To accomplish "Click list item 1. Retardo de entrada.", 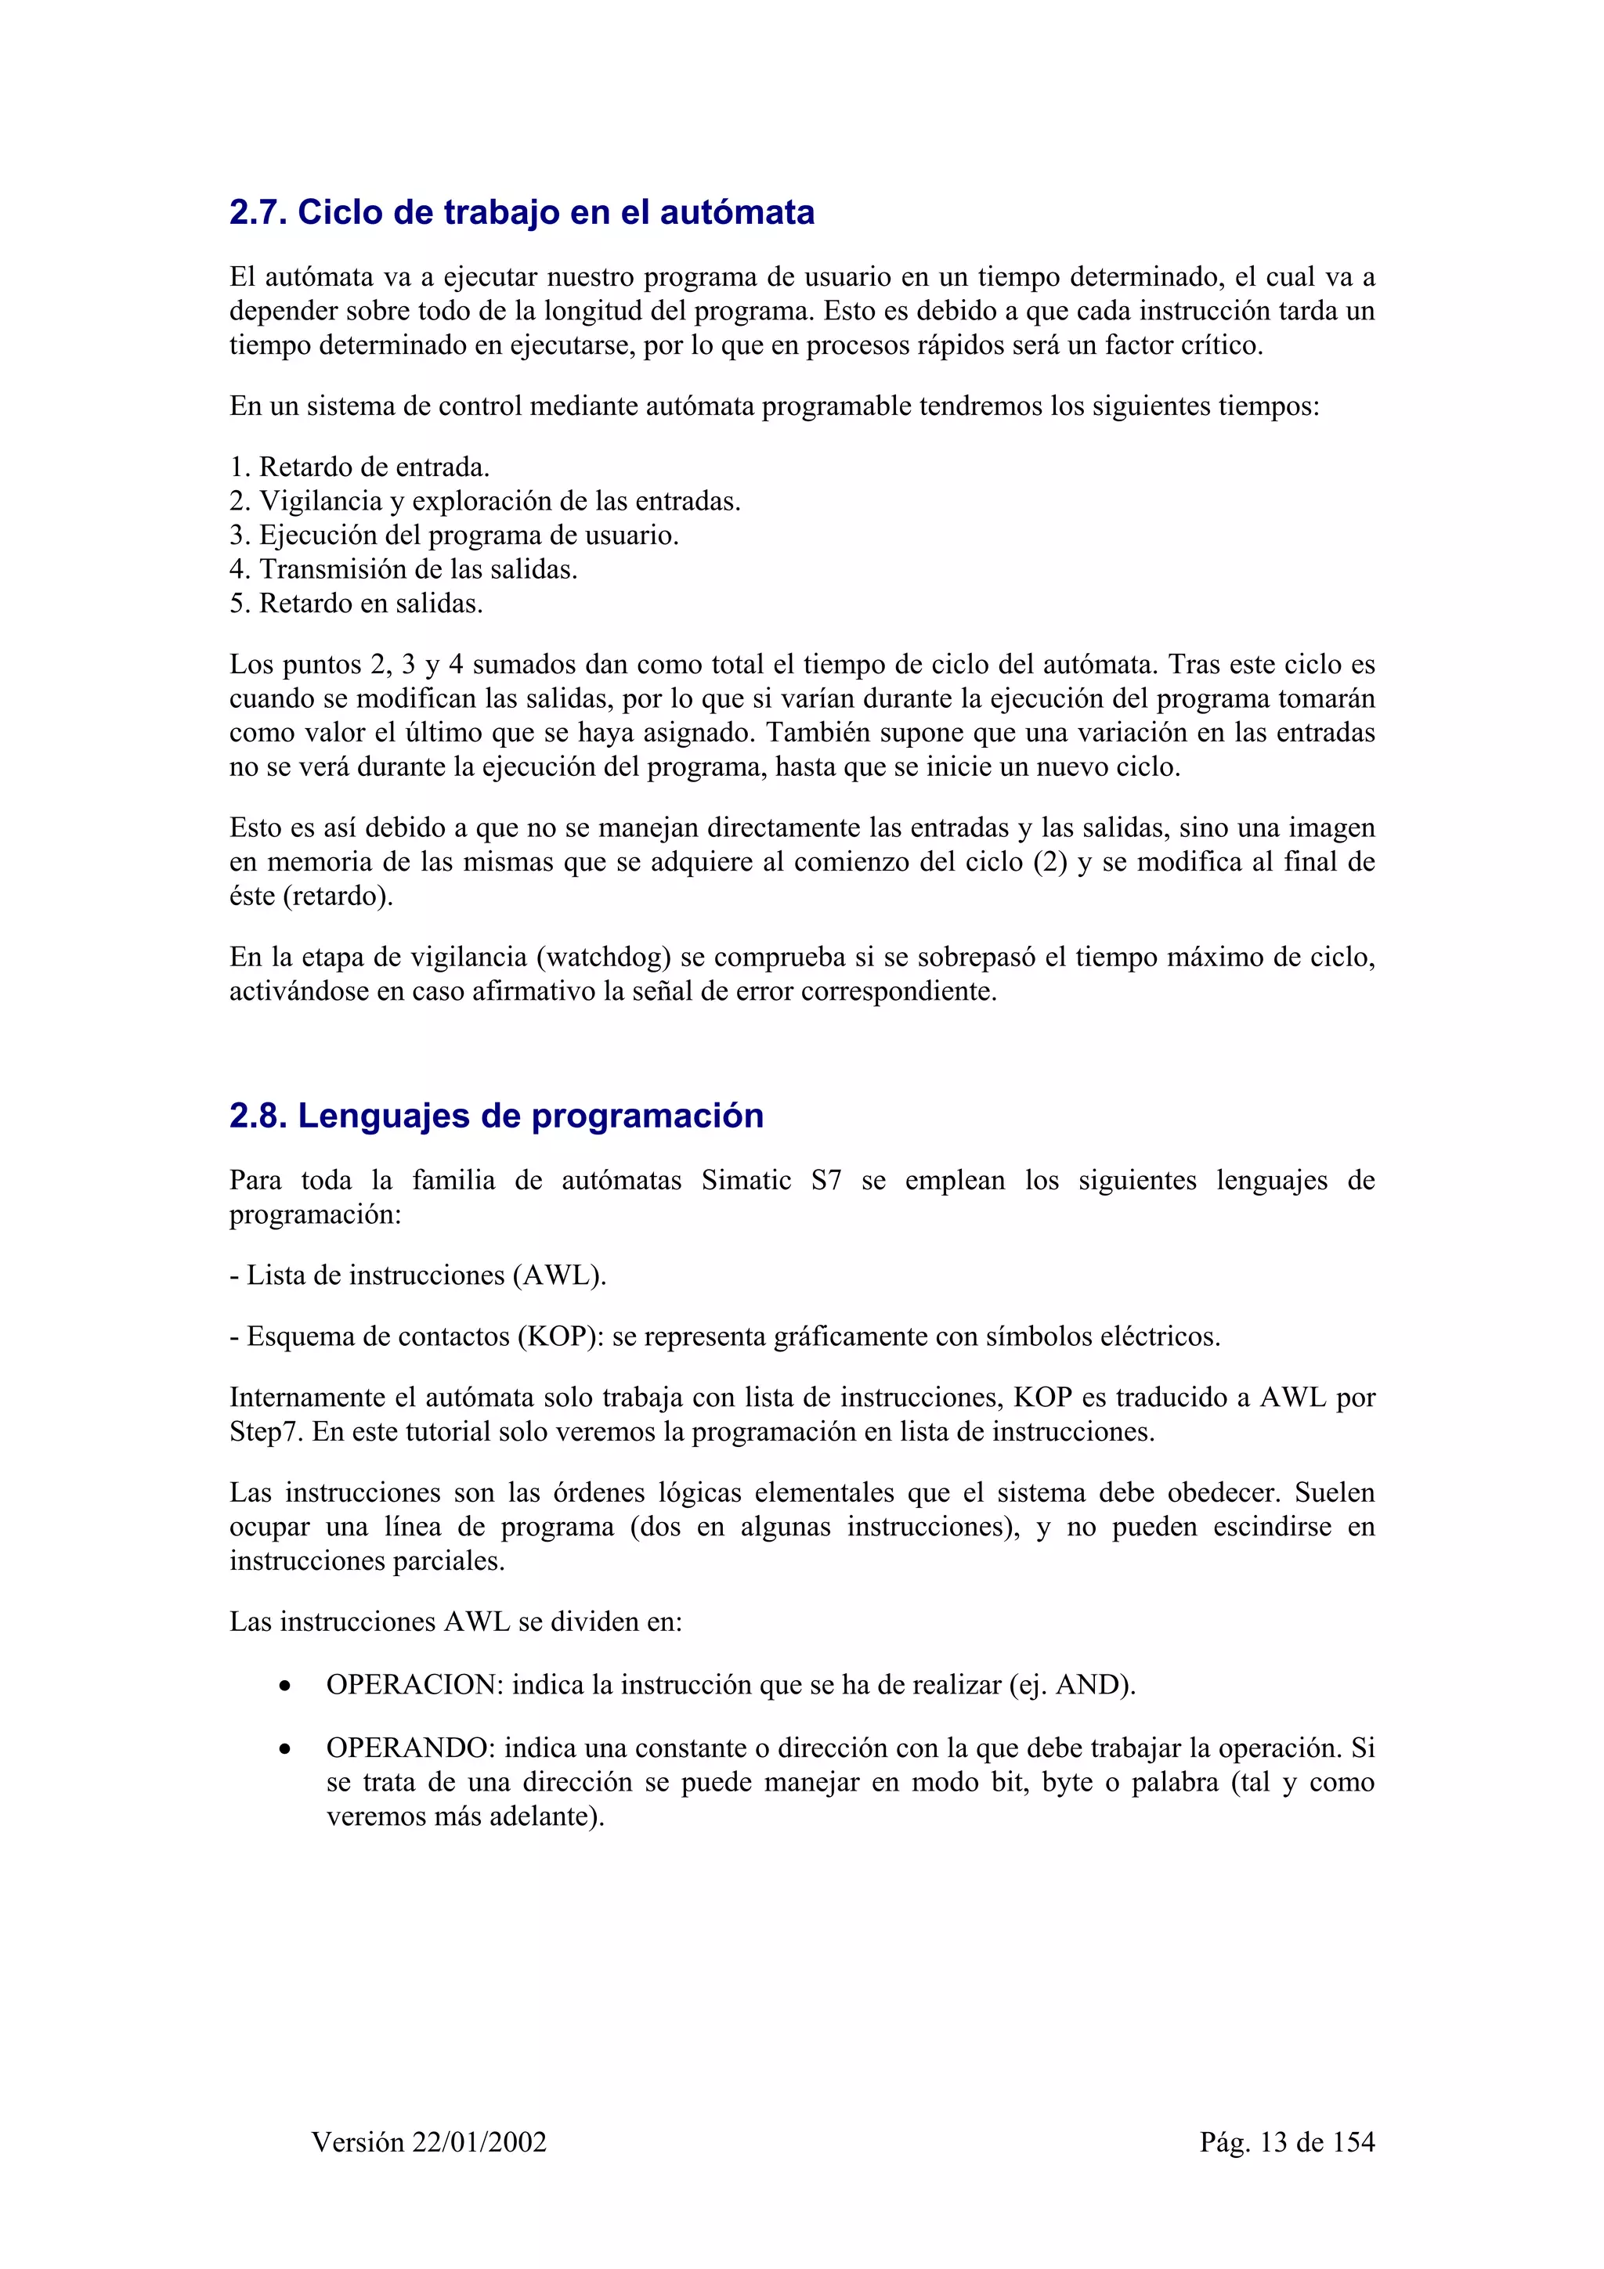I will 359,467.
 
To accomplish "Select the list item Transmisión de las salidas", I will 403,569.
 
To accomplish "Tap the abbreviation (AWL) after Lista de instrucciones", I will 558,1275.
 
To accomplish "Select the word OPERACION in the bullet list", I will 415,1685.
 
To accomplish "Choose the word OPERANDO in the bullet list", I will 411,1748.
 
